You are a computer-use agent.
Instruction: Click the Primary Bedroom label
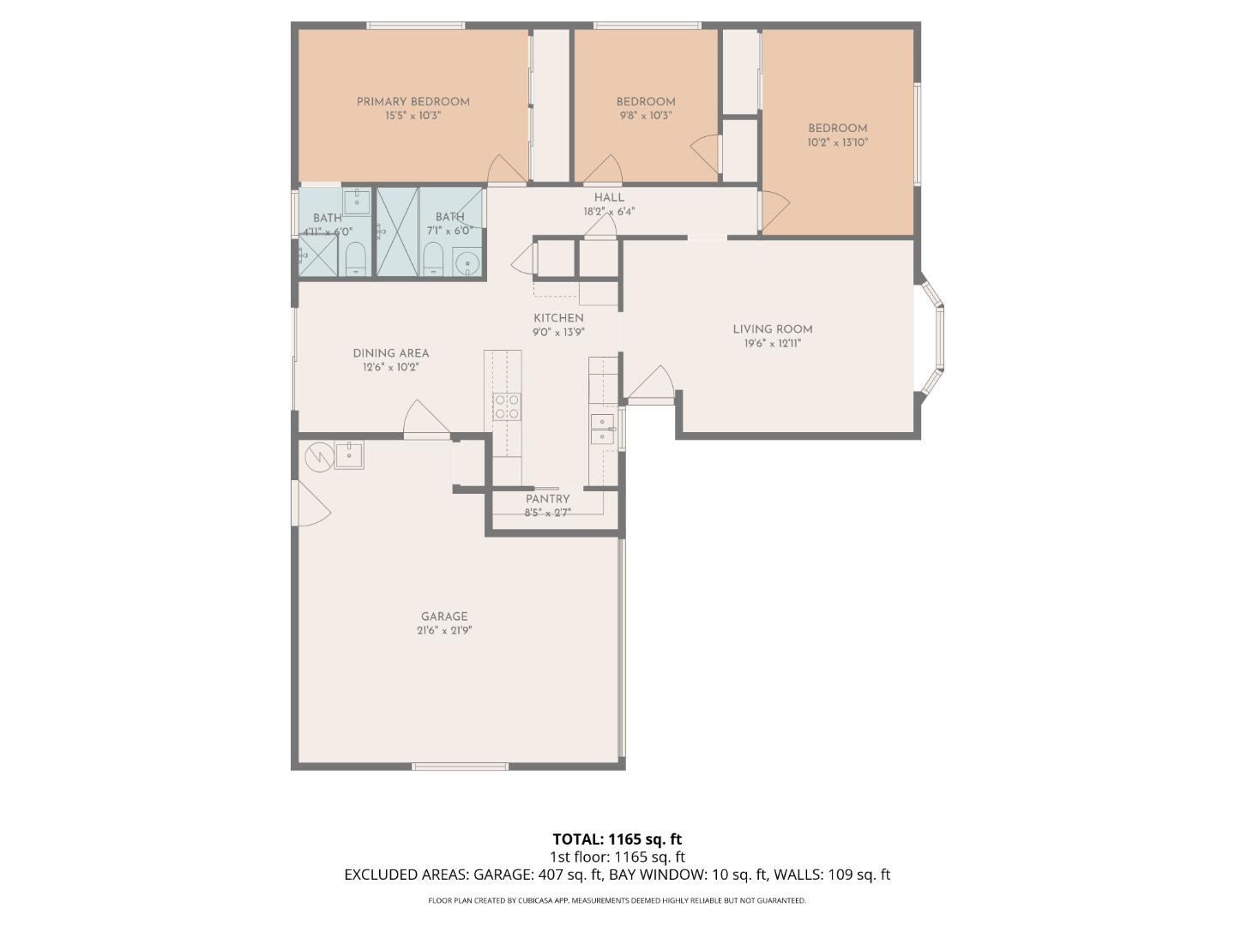(413, 101)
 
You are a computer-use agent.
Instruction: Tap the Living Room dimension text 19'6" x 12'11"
(772, 344)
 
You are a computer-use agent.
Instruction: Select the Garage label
(444, 616)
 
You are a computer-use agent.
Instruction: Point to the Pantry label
(547, 499)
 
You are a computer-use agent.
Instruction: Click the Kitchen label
(558, 318)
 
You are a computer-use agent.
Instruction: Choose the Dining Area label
(390, 353)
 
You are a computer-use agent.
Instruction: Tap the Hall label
(609, 197)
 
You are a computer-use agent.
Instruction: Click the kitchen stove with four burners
(506, 406)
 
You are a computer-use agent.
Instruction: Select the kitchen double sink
(602, 429)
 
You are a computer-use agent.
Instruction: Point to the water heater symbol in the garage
(318, 455)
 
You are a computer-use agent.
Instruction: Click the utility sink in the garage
(348, 454)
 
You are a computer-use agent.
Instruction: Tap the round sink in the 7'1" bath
(467, 261)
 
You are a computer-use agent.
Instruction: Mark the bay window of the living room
(933, 339)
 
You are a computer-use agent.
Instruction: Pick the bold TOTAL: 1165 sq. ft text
(617, 839)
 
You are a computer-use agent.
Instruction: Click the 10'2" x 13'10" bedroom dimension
(837, 143)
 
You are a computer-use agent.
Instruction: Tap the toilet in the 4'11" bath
(355, 259)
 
